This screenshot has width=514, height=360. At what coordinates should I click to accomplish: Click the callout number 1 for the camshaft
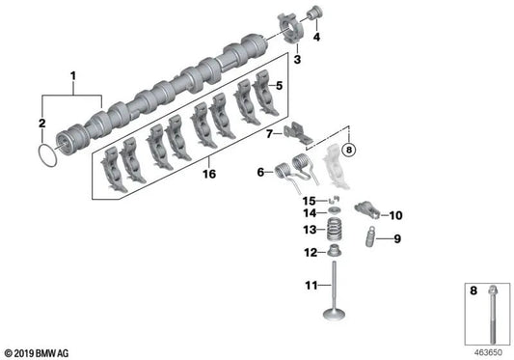tap(70, 74)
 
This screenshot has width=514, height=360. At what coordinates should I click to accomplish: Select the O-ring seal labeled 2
tap(43, 155)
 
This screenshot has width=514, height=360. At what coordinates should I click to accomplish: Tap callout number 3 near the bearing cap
tap(298, 61)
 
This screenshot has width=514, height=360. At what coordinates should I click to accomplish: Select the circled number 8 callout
tap(348, 150)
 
